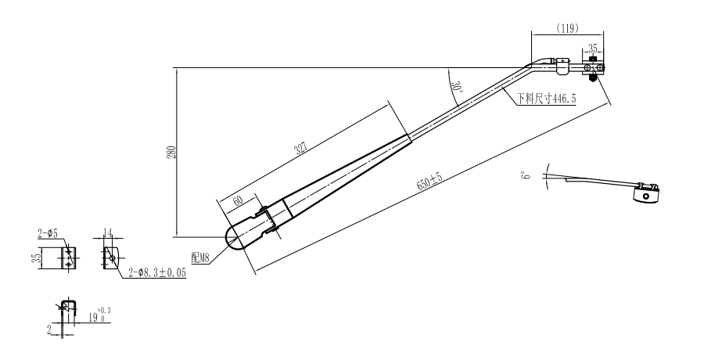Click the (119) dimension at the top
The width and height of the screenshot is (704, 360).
click(x=568, y=28)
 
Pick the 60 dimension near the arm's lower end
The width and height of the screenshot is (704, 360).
click(x=237, y=200)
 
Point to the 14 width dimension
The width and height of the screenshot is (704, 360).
click(x=109, y=232)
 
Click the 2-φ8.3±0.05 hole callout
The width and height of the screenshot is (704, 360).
click(x=157, y=275)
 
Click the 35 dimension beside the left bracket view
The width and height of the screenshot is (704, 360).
click(x=35, y=258)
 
